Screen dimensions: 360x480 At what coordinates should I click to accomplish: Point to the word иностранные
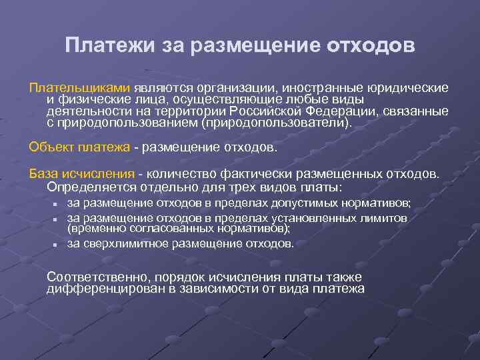pyautogui.click(x=320, y=88)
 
